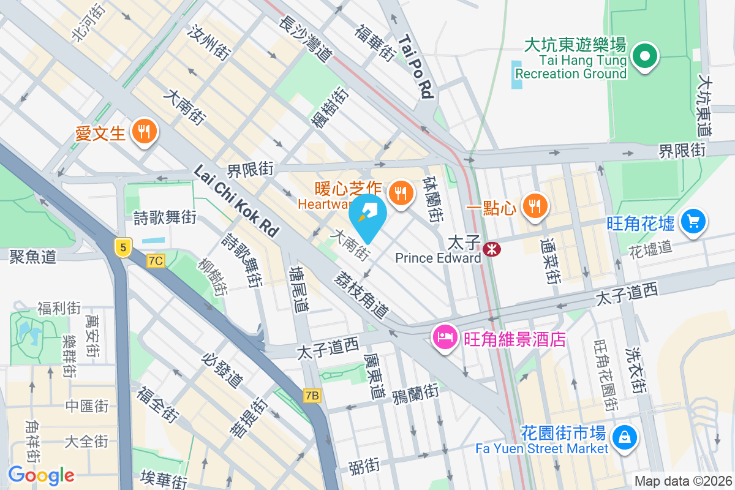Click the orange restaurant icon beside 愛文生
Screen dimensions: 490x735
click(145, 132)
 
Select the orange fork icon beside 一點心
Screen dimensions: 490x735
click(535, 206)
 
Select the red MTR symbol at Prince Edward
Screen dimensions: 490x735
click(490, 249)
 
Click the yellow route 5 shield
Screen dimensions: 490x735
click(123, 247)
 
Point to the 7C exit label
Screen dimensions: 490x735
click(156, 261)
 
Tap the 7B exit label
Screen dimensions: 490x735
click(312, 396)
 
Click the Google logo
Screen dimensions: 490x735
click(41, 475)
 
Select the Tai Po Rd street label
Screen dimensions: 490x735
click(417, 66)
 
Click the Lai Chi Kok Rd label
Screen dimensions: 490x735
click(236, 201)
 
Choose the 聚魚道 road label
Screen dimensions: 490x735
click(33, 256)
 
